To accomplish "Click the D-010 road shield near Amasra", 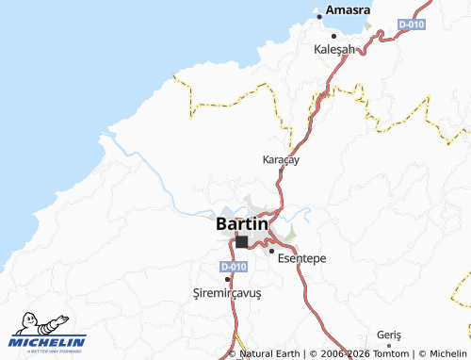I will [410, 24].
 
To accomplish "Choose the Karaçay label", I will [281, 160].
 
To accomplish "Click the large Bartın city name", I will [242, 224].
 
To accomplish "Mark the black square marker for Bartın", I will [242, 242].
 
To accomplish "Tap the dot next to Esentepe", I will [271, 251].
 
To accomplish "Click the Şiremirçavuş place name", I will [226, 292].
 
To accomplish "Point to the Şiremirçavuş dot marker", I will [227, 278].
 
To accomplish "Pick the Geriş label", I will [388, 335].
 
